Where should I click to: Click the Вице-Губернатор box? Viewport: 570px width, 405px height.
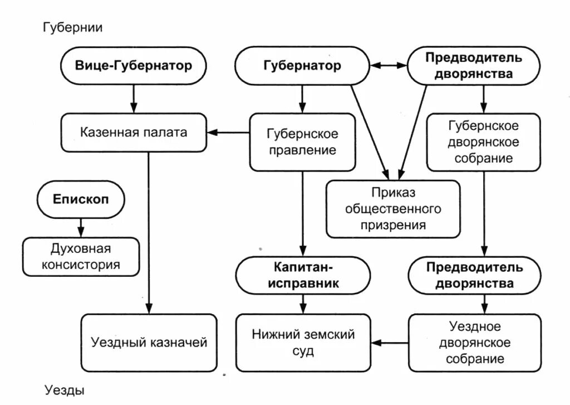pos(133,66)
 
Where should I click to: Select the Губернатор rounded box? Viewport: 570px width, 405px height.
pos(302,66)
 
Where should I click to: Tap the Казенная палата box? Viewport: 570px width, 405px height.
pos(133,133)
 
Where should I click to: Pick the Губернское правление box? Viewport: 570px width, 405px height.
pos(302,142)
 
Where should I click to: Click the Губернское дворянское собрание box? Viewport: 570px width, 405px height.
pos(483,142)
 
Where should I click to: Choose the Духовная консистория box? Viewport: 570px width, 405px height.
pos(81,256)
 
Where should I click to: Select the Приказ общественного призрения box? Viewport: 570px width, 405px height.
pos(393,209)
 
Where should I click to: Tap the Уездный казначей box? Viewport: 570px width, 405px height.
pos(149,342)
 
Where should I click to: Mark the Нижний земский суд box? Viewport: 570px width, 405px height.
pos(303,342)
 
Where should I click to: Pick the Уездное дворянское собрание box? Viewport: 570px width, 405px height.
pos(474,342)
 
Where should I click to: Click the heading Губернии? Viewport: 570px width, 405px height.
pos(72,27)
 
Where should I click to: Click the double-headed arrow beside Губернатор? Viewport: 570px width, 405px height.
pos(390,66)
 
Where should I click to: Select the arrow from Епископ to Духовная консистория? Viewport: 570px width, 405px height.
pos(81,226)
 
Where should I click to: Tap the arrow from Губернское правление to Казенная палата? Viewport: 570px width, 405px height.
pos(228,133)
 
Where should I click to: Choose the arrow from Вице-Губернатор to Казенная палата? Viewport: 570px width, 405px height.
pos(133,99)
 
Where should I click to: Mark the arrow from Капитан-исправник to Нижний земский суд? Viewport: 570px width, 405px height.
pos(303,303)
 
